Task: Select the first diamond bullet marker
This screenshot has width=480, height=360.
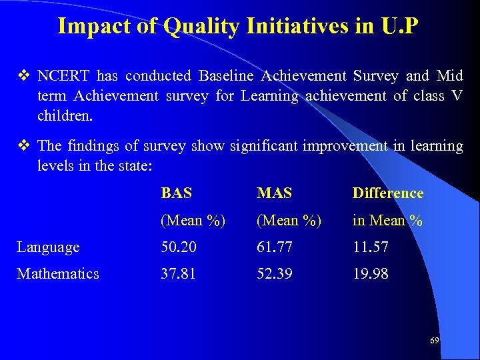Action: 22,76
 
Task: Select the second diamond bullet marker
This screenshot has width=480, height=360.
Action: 22,145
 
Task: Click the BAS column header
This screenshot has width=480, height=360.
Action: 177,193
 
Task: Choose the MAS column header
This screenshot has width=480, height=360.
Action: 275,193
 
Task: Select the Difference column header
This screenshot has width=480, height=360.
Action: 388,193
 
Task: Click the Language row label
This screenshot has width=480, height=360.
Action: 48,247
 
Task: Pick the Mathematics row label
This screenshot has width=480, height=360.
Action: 58,274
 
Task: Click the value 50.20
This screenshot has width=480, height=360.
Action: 179,247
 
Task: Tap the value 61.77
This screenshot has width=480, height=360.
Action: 275,247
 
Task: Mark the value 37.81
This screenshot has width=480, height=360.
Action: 179,274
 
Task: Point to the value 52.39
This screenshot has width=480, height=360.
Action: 275,274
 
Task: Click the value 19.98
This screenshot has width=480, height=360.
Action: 370,274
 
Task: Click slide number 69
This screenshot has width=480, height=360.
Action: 434,341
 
